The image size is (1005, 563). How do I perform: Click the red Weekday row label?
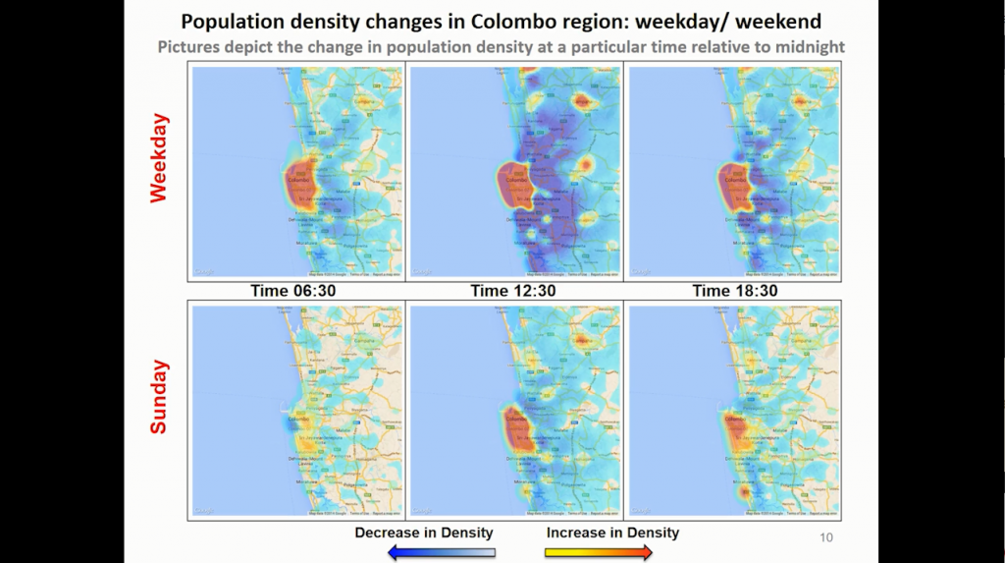(x=159, y=158)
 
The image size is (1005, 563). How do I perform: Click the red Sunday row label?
(x=159, y=397)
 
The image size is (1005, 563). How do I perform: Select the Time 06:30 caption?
(x=296, y=291)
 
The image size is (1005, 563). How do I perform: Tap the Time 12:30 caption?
(x=515, y=291)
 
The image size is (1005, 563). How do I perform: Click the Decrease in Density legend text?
(x=424, y=533)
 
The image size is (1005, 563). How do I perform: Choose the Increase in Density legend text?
(x=612, y=533)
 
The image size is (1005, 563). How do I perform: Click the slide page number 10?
(x=825, y=538)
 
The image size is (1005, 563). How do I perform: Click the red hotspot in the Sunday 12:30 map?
(x=518, y=430)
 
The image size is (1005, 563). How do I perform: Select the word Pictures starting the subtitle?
(x=189, y=47)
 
